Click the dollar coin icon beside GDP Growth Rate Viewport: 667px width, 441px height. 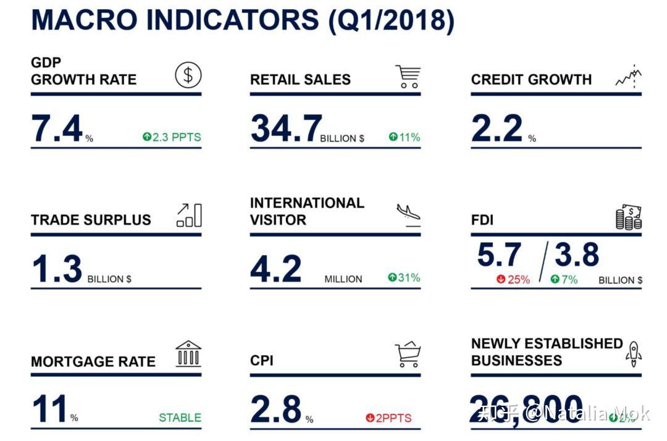[x=188, y=75]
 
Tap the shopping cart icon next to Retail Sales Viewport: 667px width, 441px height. [x=408, y=77]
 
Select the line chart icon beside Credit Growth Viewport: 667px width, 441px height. [x=629, y=77]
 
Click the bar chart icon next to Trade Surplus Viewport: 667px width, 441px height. [x=189, y=215]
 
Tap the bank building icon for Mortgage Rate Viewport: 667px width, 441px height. [x=188, y=354]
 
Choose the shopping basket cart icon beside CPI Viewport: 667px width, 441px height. [x=408, y=355]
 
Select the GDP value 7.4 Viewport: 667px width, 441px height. [x=57, y=129]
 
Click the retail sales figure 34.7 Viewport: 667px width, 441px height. [x=285, y=129]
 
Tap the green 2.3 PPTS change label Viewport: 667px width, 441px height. [x=172, y=137]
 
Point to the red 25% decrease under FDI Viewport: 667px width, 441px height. [x=513, y=279]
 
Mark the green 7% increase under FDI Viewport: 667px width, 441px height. [x=564, y=279]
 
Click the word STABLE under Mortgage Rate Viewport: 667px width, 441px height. [x=180, y=418]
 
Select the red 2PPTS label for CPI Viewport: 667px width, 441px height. [x=388, y=418]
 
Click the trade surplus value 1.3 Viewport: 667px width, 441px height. [x=57, y=269]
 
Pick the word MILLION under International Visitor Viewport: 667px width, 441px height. [x=343, y=279]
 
